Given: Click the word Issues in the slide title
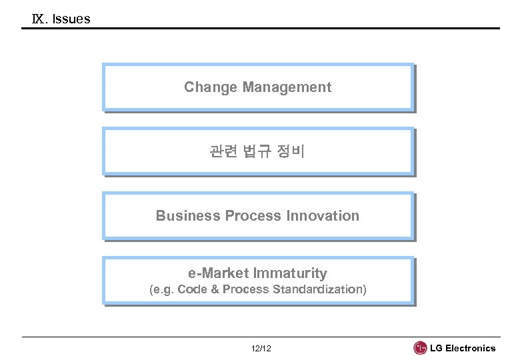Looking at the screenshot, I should point(71,19).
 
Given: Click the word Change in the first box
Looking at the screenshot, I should point(211,87).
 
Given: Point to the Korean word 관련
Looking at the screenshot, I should point(223,152).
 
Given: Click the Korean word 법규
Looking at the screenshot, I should point(257,152).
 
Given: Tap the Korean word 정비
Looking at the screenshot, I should point(291,152).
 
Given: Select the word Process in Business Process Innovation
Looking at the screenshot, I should point(254,216).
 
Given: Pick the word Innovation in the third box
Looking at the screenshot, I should point(323,216).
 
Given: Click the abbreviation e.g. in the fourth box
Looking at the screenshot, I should point(162,290).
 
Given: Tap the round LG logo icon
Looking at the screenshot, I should point(421,348).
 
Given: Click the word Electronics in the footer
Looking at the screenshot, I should point(471,348).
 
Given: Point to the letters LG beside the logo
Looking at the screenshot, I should point(437,348).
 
